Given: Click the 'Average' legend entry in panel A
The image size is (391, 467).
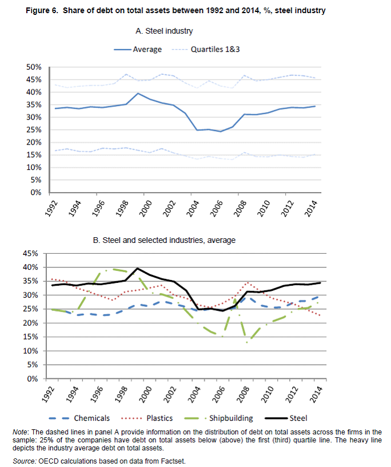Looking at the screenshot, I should coord(147,50).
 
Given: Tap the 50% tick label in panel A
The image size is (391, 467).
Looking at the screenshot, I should coord(34,67).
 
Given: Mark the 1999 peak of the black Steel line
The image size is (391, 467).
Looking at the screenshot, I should coord(138,268).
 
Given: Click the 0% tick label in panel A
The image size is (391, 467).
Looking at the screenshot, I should coord(36,193).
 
